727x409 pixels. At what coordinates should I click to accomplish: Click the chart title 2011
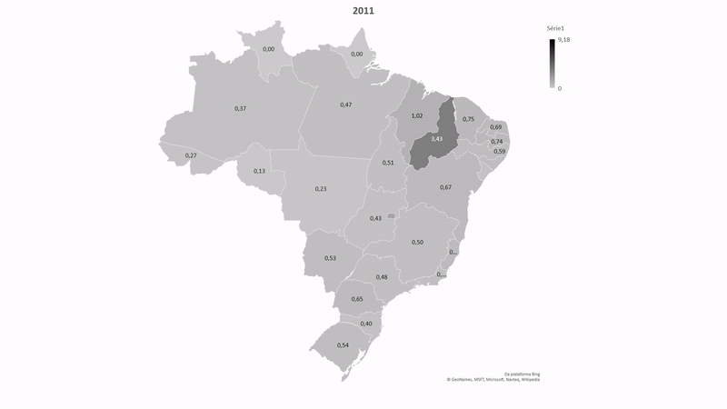click(363, 12)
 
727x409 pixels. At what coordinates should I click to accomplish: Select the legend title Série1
click(556, 30)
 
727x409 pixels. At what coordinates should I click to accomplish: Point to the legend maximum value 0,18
click(563, 41)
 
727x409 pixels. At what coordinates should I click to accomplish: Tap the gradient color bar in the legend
click(552, 64)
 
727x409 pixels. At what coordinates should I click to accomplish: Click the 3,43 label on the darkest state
click(437, 138)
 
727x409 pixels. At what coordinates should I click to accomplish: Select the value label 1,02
click(417, 116)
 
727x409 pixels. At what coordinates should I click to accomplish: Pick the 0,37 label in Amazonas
click(241, 108)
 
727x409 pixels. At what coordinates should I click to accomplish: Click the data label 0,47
click(346, 105)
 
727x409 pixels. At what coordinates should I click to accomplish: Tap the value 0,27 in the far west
click(191, 155)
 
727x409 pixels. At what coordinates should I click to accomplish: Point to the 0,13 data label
click(259, 171)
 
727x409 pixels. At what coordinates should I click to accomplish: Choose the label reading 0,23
click(321, 188)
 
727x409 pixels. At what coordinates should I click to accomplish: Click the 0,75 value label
click(468, 119)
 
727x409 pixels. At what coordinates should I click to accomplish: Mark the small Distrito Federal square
click(391, 215)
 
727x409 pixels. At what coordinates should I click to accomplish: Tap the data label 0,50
click(417, 242)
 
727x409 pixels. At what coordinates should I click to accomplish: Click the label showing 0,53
click(330, 258)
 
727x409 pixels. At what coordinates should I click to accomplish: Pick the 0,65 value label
click(357, 299)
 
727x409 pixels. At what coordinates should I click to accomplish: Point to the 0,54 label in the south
click(343, 345)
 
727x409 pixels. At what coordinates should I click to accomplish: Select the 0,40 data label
click(366, 324)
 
